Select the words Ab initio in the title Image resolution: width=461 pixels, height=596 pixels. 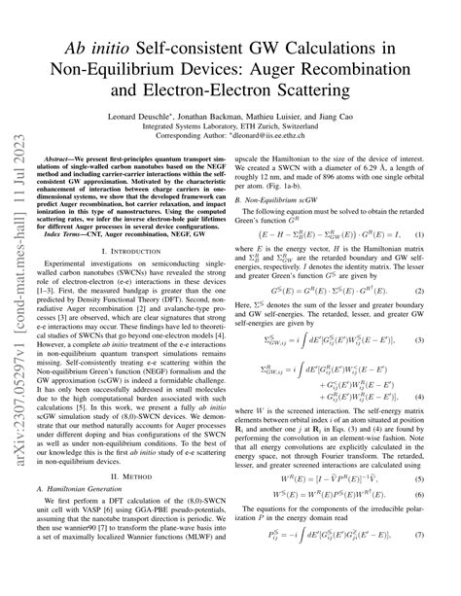click(99, 47)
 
